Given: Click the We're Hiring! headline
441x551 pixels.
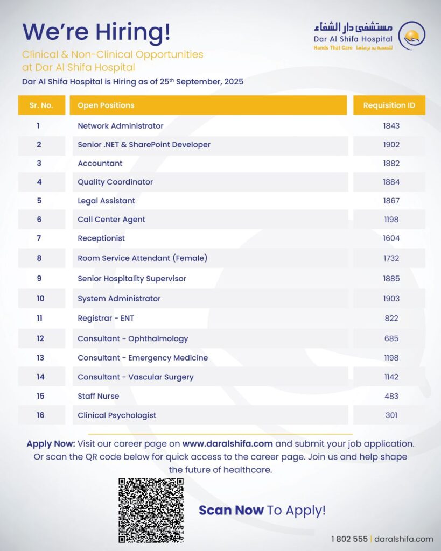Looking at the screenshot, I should click(96, 32).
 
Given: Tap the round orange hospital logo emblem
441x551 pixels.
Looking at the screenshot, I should click(412, 36).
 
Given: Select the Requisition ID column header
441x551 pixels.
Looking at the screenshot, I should click(389, 105).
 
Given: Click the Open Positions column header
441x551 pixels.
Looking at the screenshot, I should click(106, 105).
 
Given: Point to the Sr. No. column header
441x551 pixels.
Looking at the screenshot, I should click(41, 105).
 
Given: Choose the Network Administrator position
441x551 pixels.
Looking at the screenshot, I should click(120, 126).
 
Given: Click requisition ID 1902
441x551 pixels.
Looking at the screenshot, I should click(391, 145).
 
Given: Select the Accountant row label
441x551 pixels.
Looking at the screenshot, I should click(100, 163).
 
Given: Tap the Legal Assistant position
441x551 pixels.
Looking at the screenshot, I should click(106, 201).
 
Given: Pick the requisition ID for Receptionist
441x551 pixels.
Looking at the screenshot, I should click(391, 238).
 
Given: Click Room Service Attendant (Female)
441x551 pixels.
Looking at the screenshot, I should click(142, 258).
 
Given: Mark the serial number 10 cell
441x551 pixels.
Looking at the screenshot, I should click(40, 299).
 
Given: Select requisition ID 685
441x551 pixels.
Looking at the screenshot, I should click(391, 338).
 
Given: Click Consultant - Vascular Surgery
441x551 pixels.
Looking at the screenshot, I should click(135, 377).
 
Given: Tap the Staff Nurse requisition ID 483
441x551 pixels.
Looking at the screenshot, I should click(391, 396).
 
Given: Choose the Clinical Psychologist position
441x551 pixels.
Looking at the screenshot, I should click(117, 415).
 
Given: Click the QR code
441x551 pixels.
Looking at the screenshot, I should click(151, 510).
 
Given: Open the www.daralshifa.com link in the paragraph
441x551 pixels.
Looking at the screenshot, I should click(227, 444).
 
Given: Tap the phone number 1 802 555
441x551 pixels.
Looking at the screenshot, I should click(349, 539).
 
